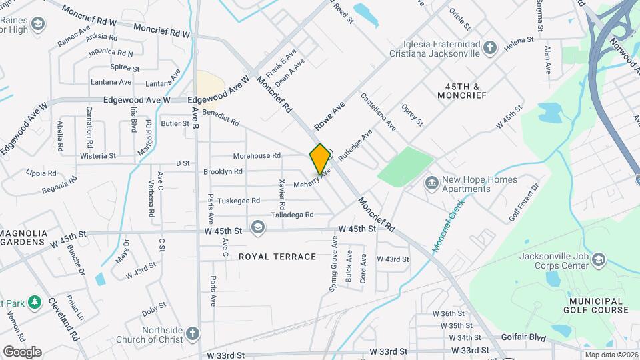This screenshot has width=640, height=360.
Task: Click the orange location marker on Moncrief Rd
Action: pyautogui.click(x=320, y=159)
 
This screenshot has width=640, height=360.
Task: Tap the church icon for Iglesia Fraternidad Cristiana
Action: pyautogui.click(x=490, y=47)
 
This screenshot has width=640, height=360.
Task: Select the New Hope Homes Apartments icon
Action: pyautogui.click(x=431, y=183)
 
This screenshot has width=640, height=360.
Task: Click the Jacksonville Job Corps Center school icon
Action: pyautogui.click(x=598, y=259)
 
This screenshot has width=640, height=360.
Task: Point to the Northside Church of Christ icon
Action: pyautogui.click(x=192, y=333)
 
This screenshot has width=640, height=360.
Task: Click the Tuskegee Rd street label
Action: pyautogui.click(x=238, y=200)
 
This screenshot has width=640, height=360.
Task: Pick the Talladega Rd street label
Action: pyautogui.click(x=292, y=215)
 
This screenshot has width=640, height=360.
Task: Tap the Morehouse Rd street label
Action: pyautogui.click(x=257, y=156)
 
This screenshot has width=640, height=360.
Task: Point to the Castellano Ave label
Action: pyautogui.click(x=378, y=111)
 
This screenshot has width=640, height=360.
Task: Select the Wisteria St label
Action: pyautogui.click(x=98, y=156)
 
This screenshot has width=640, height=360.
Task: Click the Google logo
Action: pyautogui.click(x=22, y=351)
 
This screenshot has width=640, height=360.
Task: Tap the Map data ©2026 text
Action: pyautogui.click(x=611, y=355)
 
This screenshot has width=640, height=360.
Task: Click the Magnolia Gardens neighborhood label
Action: pyautogui.click(x=23, y=237)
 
